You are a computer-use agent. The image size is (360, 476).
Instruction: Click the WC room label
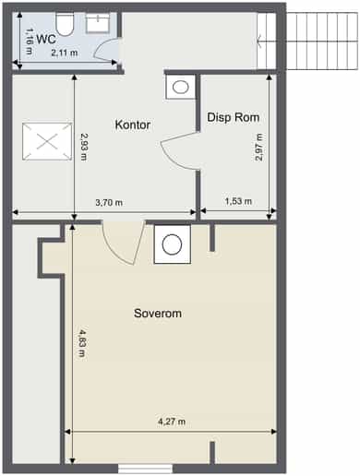(x=46, y=40)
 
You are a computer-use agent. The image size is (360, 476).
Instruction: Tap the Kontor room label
(x=133, y=125)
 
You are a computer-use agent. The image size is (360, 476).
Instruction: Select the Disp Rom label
(x=234, y=117)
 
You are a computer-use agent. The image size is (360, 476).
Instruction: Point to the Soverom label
(x=158, y=314)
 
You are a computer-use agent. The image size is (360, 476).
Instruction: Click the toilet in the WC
(x=65, y=24)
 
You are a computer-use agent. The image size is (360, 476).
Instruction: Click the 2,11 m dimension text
(x=65, y=53)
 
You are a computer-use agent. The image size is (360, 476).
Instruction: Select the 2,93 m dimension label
(x=84, y=147)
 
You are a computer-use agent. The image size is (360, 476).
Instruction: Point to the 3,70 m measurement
(x=109, y=202)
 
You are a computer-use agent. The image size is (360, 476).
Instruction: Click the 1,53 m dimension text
(x=238, y=201)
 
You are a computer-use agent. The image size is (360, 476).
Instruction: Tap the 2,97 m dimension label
(x=259, y=148)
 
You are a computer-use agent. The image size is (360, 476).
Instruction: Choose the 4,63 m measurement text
(x=82, y=343)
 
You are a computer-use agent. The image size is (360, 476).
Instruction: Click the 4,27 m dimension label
(x=172, y=422)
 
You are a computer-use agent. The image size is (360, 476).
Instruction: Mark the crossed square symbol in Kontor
(x=47, y=141)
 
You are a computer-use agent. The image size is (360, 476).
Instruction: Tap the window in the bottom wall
(x=145, y=469)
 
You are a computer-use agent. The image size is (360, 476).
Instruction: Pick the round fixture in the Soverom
(x=173, y=244)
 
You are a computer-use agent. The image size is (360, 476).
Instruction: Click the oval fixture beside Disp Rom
(x=181, y=87)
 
